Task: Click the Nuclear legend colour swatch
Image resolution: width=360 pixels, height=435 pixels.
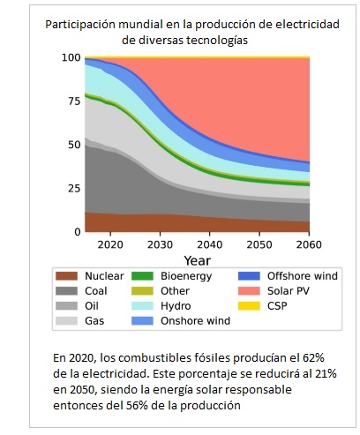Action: (x=67, y=276)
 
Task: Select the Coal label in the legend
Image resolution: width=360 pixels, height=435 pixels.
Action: (x=96, y=291)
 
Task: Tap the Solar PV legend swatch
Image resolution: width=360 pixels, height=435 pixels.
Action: (x=249, y=291)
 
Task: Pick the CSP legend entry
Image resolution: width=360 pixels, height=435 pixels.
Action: (x=277, y=306)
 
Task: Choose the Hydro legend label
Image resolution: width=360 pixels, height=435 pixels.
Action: (x=176, y=306)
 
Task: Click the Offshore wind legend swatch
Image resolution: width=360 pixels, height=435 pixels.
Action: (x=249, y=276)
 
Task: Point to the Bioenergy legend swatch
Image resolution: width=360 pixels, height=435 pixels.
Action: (x=142, y=276)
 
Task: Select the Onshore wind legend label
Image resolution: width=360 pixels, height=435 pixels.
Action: (x=195, y=320)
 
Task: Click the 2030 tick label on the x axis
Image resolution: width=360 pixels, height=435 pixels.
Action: (x=160, y=244)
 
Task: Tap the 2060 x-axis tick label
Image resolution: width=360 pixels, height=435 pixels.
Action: (x=309, y=244)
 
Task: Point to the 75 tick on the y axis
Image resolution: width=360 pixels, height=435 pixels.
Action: (x=74, y=101)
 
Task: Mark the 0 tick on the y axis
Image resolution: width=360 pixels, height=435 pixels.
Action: (x=78, y=232)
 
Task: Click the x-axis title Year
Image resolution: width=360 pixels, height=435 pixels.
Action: (x=198, y=260)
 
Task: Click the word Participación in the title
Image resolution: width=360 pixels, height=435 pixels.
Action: (x=80, y=25)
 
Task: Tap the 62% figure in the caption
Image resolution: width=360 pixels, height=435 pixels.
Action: (x=313, y=358)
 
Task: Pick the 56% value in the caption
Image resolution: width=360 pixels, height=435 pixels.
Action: (x=137, y=405)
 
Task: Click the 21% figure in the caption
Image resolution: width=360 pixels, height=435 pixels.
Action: (x=326, y=374)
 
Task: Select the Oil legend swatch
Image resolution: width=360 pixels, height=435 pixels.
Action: (x=67, y=306)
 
